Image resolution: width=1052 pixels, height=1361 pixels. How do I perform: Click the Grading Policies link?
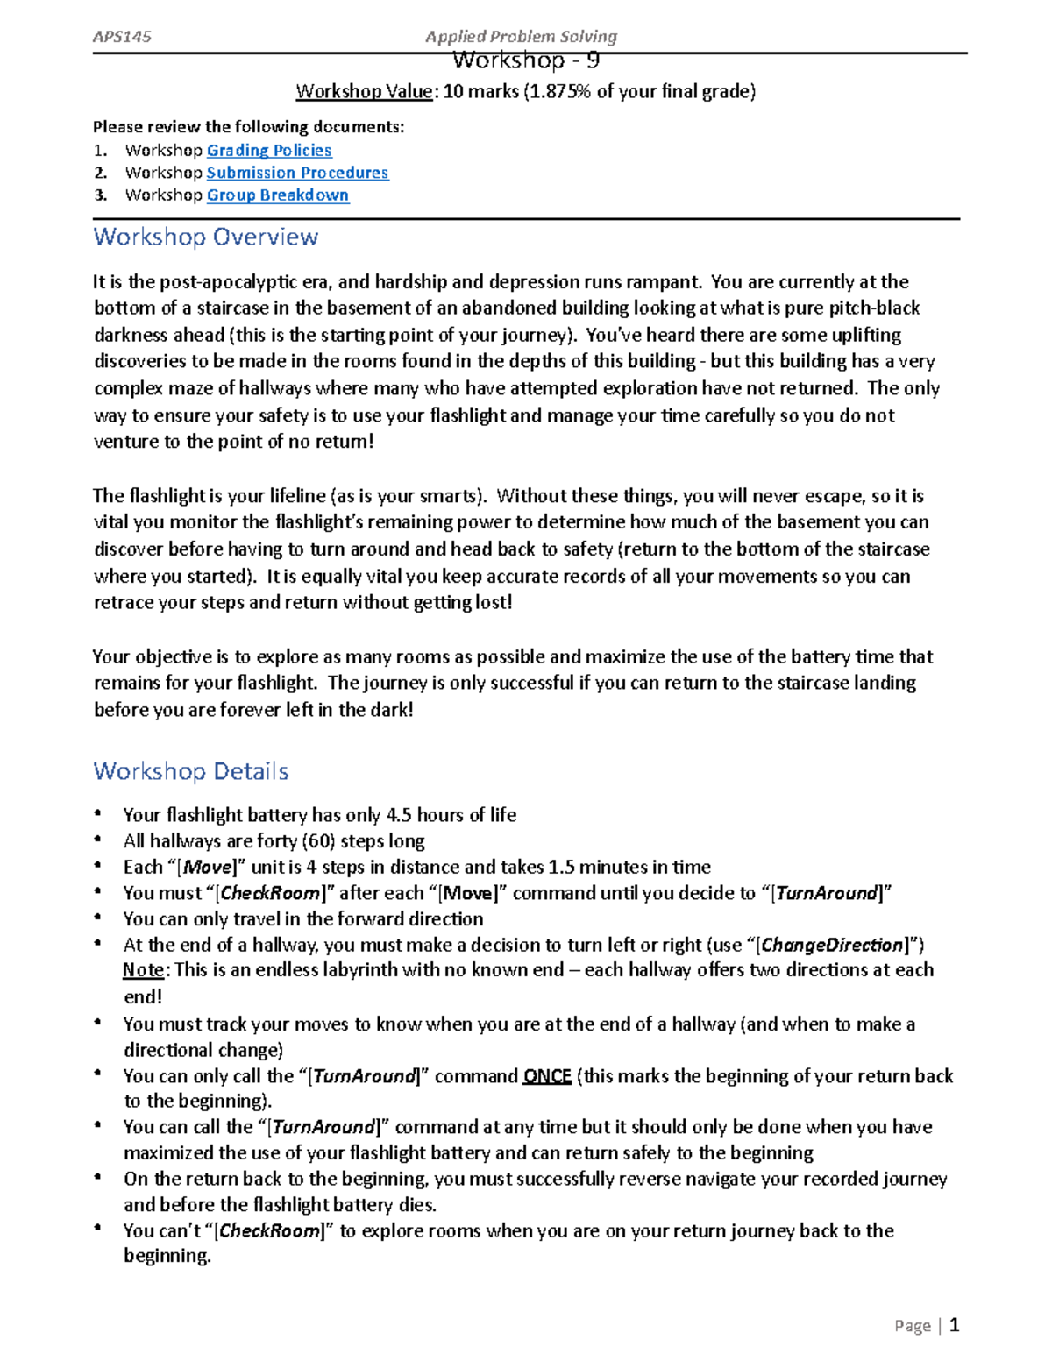point(268,151)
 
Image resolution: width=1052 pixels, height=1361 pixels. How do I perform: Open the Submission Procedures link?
point(297,173)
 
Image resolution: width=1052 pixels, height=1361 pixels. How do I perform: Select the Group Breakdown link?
point(277,195)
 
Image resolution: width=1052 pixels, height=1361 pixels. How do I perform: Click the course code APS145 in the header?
point(122,36)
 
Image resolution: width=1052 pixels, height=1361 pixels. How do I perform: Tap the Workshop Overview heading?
point(205,237)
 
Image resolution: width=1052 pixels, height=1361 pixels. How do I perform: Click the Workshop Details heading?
point(190,771)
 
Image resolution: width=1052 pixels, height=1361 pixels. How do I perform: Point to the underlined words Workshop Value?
point(364,91)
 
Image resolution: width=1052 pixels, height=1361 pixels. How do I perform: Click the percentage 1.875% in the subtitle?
point(557,91)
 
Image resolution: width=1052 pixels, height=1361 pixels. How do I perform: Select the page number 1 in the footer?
point(955,1325)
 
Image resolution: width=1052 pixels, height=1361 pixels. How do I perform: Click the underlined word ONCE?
point(547,1076)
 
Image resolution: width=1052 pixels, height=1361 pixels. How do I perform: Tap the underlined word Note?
point(143,970)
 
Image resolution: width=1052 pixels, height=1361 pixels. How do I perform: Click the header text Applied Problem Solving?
point(521,36)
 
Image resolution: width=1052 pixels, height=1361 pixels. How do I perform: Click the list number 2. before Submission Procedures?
point(101,173)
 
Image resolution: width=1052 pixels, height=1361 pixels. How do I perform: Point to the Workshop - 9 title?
point(526,61)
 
